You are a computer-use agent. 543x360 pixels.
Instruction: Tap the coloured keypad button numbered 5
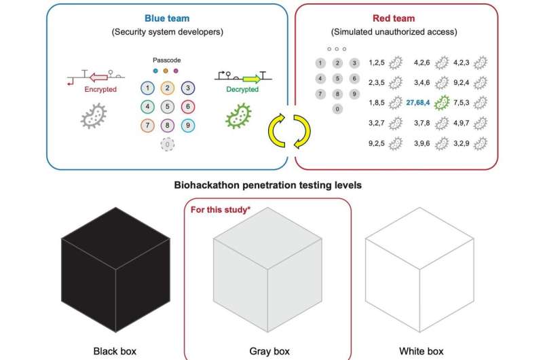[167, 107]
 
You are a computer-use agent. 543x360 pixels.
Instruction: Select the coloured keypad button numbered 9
[189, 126]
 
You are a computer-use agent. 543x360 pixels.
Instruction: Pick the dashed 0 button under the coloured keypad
[167, 144]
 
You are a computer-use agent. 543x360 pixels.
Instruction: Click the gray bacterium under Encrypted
[95, 115]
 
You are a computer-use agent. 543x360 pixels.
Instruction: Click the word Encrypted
[100, 89]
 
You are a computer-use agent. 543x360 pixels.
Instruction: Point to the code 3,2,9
[462, 144]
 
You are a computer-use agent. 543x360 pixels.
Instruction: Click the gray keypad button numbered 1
[320, 63]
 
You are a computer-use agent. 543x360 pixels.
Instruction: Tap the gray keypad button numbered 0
[337, 108]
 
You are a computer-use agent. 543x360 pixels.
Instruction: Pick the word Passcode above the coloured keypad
[167, 60]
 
